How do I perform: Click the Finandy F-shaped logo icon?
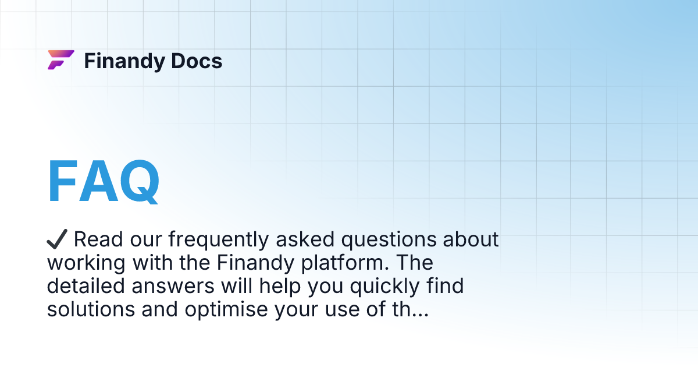tap(60, 60)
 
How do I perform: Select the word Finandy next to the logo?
tap(123, 61)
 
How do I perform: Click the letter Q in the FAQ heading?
tap(136, 181)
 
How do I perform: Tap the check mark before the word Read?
tap(58, 239)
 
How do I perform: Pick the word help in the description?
tap(260, 287)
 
